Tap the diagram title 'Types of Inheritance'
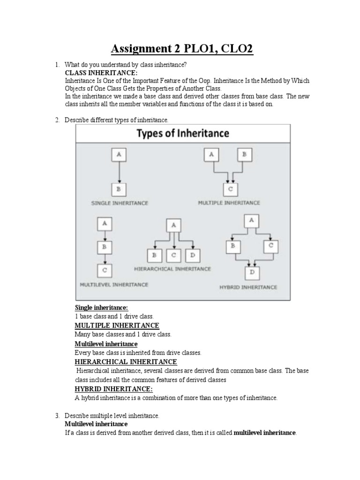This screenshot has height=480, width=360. [183, 134]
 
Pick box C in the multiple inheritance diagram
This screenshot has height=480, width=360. [230, 189]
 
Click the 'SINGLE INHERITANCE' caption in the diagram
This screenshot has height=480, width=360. [120, 203]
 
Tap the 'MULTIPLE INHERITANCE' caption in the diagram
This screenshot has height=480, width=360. [230, 203]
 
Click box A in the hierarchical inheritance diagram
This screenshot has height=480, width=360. [173, 225]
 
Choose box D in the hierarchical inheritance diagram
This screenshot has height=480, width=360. [192, 255]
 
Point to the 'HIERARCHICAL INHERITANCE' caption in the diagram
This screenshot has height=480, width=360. [172, 269]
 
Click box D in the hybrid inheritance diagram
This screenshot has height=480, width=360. [253, 272]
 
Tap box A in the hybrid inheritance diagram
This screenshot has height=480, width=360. [252, 220]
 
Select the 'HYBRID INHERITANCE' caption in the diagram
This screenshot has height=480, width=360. [248, 287]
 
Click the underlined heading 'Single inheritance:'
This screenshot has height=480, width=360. [101, 307]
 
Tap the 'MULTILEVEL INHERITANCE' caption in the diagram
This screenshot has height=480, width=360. [114, 284]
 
